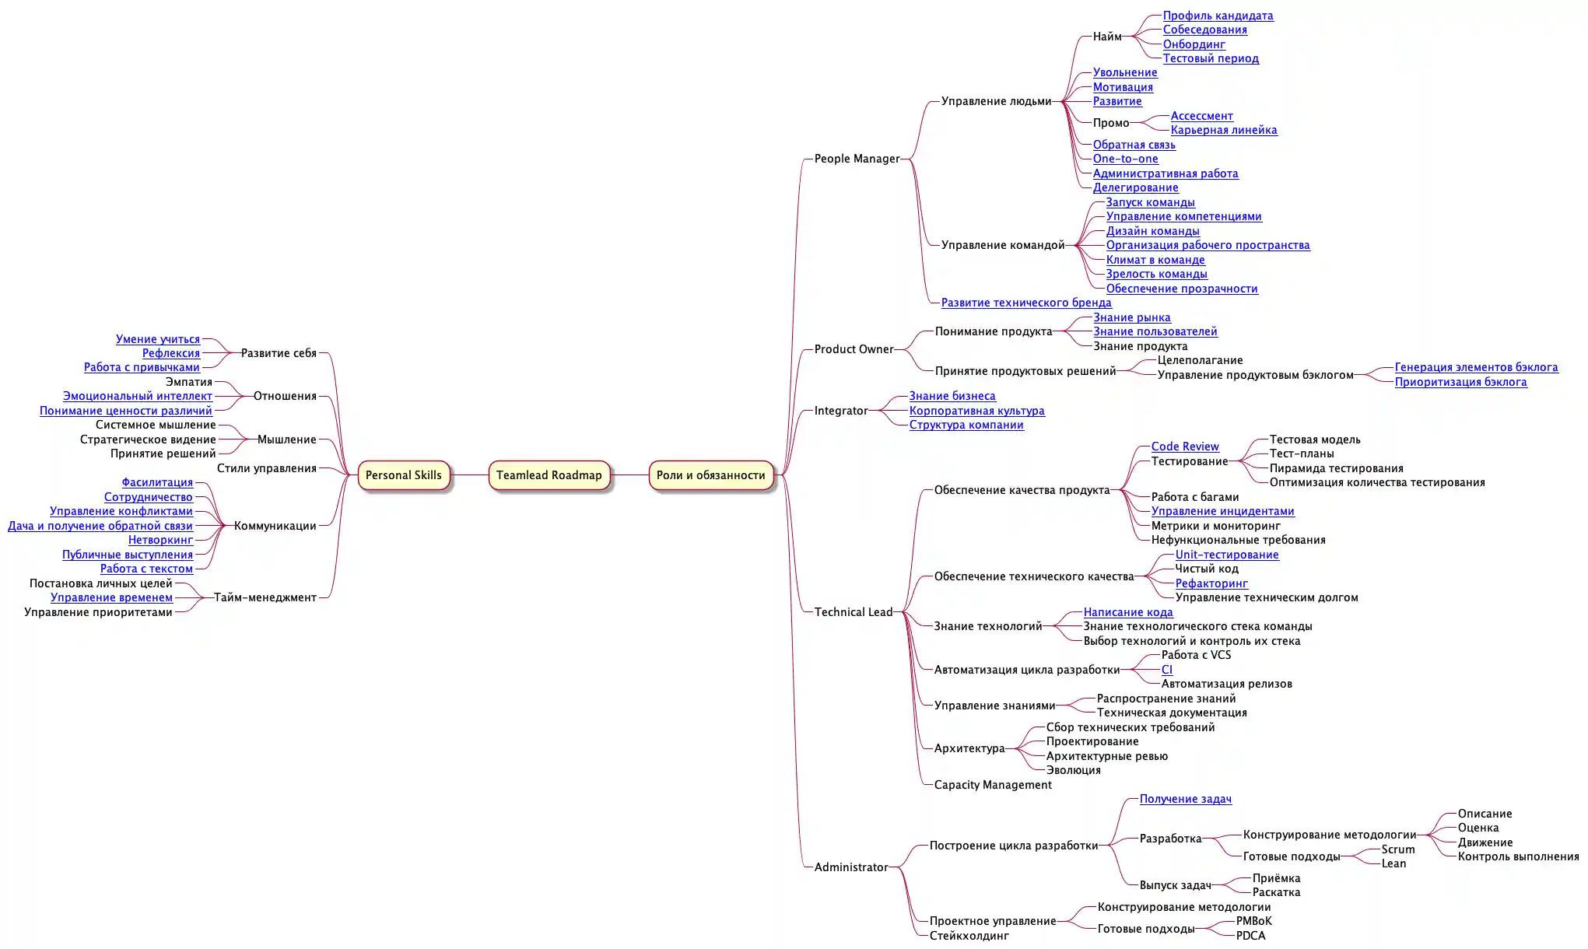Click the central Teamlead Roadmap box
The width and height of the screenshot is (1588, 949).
click(x=549, y=475)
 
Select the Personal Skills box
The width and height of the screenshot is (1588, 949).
click(x=403, y=475)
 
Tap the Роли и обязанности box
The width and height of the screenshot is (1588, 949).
click(x=710, y=475)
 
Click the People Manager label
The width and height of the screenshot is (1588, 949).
click(x=857, y=159)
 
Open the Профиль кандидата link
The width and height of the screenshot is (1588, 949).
click(x=1218, y=16)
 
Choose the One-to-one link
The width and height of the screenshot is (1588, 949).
click(x=1125, y=159)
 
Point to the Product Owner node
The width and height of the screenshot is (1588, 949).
click(x=854, y=349)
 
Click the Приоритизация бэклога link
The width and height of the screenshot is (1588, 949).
click(x=1460, y=382)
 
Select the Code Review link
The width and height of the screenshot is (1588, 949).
click(x=1185, y=446)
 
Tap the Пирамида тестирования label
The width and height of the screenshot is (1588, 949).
click(x=1336, y=468)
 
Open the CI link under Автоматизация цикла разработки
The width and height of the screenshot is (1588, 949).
click(x=1166, y=670)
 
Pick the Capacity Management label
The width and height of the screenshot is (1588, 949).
click(x=992, y=785)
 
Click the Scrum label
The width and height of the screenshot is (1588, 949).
click(x=1397, y=849)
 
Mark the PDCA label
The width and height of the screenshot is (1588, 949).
click(x=1250, y=936)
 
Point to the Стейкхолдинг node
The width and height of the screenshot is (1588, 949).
click(x=969, y=936)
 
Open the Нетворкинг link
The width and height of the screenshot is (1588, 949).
click(x=160, y=540)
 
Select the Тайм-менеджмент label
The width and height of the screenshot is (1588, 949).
click(x=265, y=597)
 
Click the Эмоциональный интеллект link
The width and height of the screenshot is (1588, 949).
click(x=137, y=396)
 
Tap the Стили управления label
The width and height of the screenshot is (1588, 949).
click(x=266, y=468)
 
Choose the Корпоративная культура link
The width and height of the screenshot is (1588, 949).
click(x=976, y=411)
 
